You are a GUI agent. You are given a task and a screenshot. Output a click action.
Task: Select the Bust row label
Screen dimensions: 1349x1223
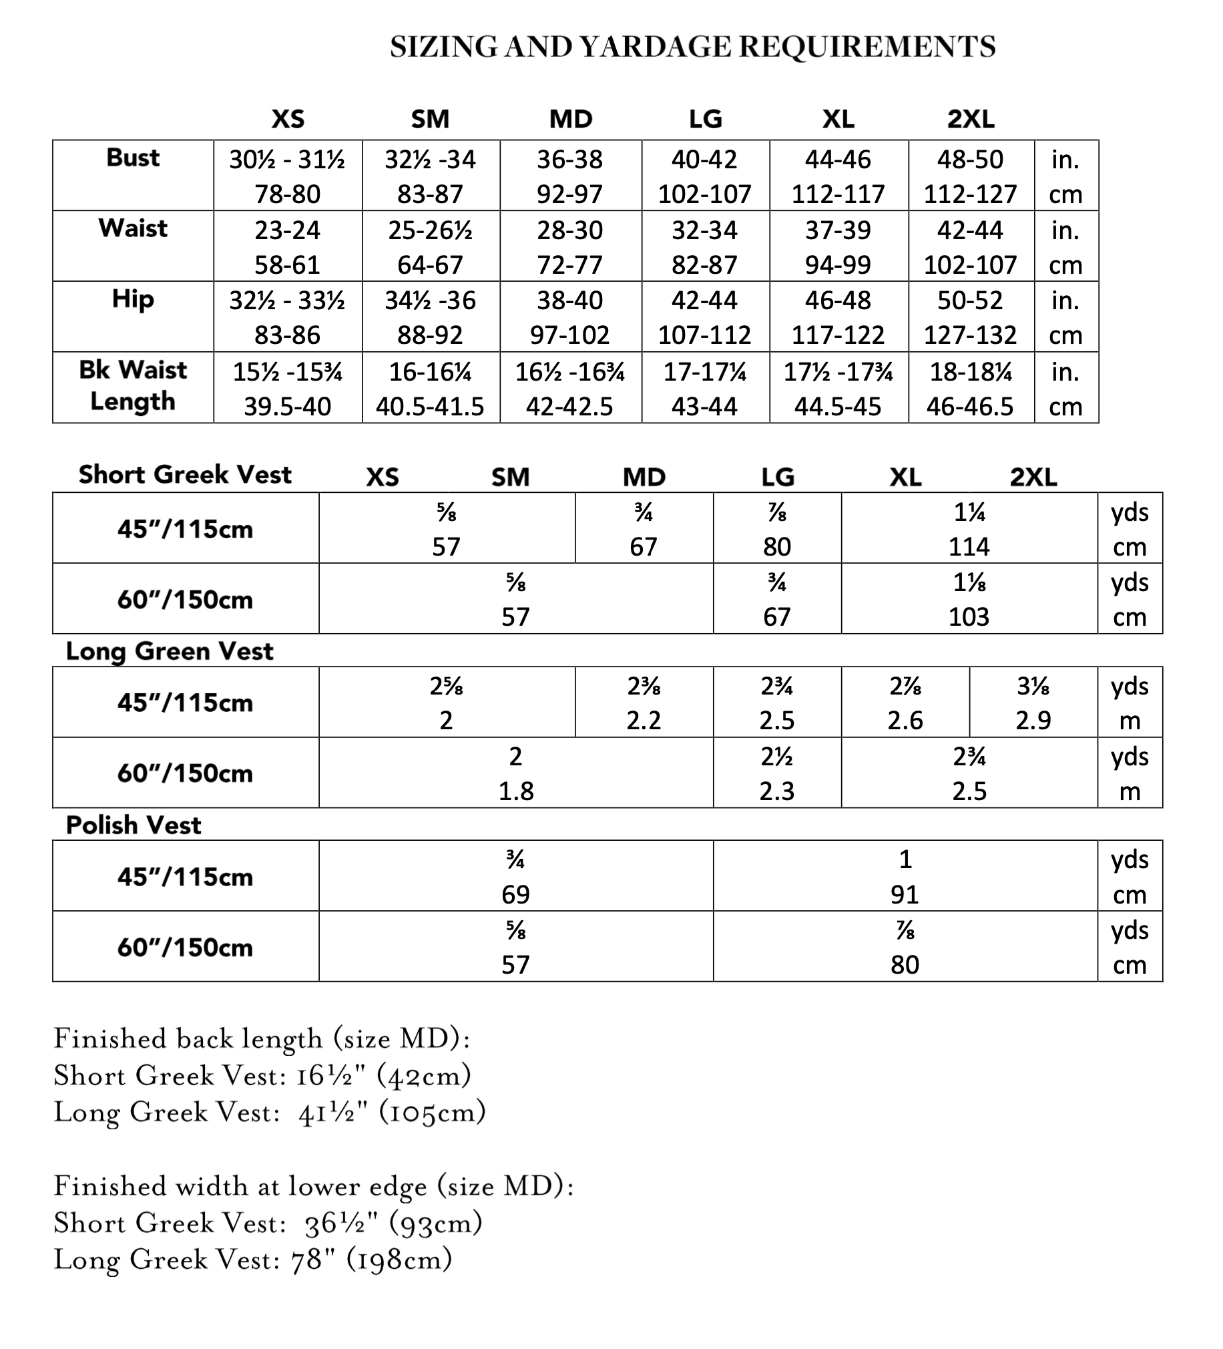click(132, 158)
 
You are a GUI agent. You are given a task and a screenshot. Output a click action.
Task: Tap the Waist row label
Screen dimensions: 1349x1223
click(132, 228)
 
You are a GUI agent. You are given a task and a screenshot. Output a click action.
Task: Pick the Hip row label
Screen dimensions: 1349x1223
click(132, 299)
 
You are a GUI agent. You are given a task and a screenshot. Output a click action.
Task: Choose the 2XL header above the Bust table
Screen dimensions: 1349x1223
click(970, 119)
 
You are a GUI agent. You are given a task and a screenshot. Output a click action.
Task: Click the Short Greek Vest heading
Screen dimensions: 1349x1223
click(185, 474)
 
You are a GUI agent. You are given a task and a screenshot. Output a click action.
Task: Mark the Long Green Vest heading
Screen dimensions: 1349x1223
click(170, 651)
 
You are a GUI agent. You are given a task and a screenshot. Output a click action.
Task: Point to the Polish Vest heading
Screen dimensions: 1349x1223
click(133, 825)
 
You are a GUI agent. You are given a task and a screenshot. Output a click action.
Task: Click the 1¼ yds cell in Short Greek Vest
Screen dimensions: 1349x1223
click(969, 529)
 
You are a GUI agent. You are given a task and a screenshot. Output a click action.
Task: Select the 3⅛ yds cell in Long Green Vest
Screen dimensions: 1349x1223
click(1033, 703)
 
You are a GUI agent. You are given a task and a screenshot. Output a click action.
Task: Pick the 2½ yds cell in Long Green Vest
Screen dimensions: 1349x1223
click(777, 773)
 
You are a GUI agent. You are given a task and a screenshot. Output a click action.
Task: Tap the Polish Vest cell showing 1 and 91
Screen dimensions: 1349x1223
click(905, 876)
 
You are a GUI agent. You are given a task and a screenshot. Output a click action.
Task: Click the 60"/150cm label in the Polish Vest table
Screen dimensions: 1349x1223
click(185, 948)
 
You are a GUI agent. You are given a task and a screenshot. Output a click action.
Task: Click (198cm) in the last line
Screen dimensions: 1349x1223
click(399, 1260)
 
